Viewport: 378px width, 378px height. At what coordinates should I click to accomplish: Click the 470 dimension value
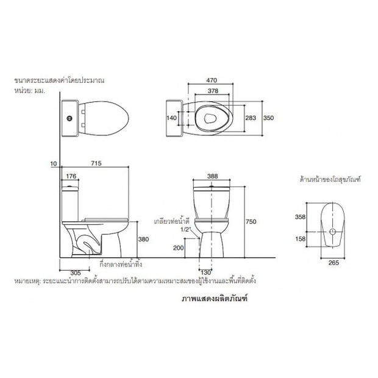(212, 80)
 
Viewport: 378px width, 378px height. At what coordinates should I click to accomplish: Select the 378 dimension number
(213, 91)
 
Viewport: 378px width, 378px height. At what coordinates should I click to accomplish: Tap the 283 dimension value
(251, 118)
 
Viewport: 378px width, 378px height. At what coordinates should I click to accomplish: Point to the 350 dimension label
(269, 118)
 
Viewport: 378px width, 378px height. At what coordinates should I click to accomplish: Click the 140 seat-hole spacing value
(172, 118)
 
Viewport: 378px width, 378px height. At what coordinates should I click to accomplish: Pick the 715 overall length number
(96, 163)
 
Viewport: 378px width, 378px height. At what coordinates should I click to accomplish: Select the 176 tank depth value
(71, 176)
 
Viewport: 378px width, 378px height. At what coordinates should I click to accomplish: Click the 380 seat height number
(144, 240)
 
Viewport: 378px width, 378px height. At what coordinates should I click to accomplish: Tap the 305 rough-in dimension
(76, 273)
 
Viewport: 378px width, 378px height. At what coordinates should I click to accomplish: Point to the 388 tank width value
(213, 176)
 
